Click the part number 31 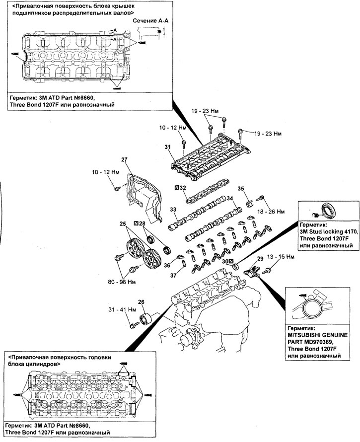click(x=167, y=147)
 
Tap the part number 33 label click(x=173, y=210)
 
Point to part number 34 click(x=230, y=199)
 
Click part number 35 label click(x=241, y=188)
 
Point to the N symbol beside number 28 click(x=136, y=223)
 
